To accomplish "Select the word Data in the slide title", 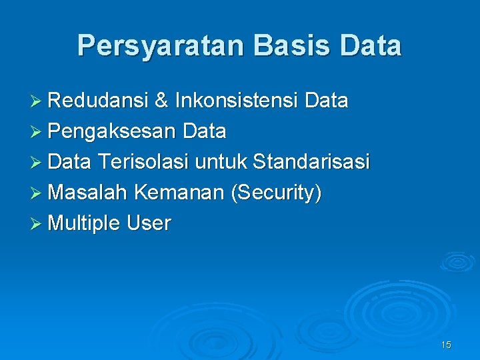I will [x=370, y=46].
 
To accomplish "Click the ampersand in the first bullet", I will [x=161, y=101].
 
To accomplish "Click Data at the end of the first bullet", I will [x=326, y=101].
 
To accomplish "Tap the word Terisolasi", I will [x=143, y=162].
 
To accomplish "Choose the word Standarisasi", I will [x=311, y=162].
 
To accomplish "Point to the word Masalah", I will [x=88, y=193].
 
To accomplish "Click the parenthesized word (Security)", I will [x=275, y=193].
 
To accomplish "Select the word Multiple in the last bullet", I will [x=85, y=223].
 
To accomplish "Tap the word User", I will [x=149, y=223].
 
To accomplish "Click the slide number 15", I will [x=446, y=345].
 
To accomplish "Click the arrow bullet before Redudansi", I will [x=38, y=101].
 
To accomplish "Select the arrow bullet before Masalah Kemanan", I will [x=38, y=193].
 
